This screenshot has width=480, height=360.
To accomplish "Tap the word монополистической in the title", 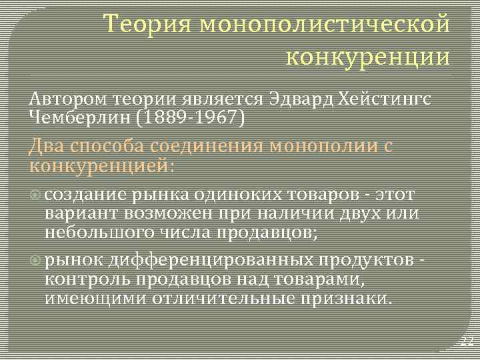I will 325,25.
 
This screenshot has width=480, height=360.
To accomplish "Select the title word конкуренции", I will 368,56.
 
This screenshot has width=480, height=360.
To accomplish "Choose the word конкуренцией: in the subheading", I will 103,165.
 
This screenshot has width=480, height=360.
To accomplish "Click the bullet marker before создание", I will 37,195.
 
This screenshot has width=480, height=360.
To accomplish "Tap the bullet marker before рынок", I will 37,259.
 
